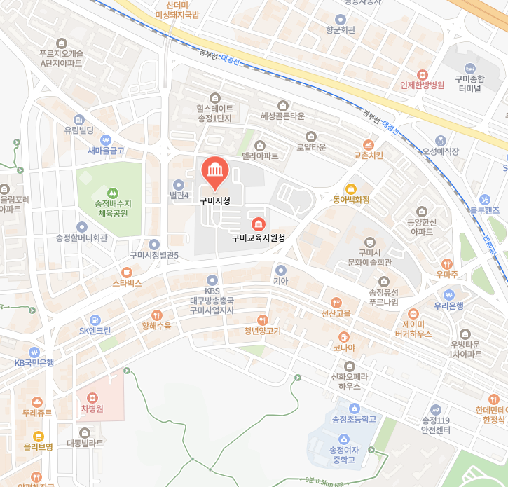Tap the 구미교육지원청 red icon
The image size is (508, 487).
pos(259,224)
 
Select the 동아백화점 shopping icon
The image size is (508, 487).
pos(350,188)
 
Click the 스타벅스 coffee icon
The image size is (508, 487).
pos(127,272)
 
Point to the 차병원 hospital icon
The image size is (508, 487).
pos(92,398)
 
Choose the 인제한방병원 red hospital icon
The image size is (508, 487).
pos(422,74)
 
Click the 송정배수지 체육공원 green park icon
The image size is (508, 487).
pos(112,193)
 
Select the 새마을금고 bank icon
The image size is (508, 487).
pos(106,139)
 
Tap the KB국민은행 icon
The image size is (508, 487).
pos(34,352)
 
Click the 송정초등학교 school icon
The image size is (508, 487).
pos(354,408)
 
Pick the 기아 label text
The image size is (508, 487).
pos(280,281)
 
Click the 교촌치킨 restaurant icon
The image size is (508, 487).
pos(368,144)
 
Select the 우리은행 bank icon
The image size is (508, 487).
pos(449,294)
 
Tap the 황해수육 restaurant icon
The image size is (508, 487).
pos(156,315)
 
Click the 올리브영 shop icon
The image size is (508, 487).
pos(38,435)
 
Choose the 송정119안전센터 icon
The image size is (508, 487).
pos(436,409)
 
